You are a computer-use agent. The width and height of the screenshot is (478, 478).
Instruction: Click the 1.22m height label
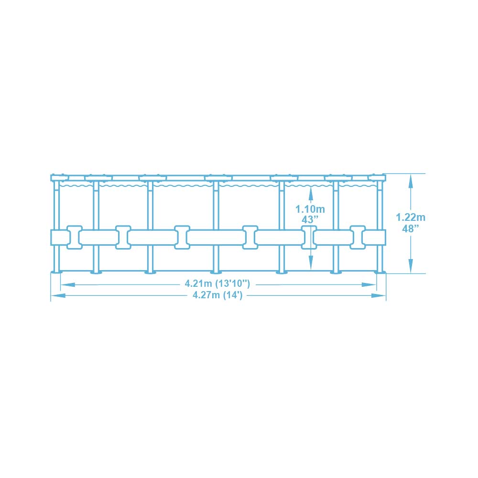[410, 217]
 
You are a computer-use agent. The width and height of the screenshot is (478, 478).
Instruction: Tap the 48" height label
[410, 228]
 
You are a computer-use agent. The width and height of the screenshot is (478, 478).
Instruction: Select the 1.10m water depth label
[310, 209]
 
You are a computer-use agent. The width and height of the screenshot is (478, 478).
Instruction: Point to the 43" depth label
[310, 219]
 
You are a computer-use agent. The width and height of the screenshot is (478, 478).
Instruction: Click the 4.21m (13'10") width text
[217, 283]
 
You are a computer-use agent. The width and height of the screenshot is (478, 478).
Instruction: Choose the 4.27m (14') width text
[217, 295]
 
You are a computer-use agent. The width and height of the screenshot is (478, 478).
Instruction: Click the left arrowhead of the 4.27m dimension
[58, 295]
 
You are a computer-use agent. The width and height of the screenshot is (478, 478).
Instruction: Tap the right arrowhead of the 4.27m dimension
[378, 295]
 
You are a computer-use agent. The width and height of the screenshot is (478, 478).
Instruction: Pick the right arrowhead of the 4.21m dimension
[369, 285]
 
